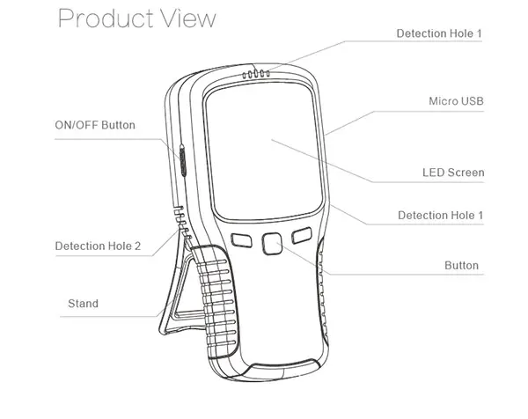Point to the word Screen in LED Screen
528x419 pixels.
click(466, 173)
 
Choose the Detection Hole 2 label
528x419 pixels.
click(98, 246)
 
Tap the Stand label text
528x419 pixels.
click(83, 304)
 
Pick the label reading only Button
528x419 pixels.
click(462, 265)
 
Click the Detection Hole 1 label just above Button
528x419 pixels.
click(440, 215)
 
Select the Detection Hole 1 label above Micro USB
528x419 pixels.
click(439, 33)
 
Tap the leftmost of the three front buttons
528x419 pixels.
click(239, 239)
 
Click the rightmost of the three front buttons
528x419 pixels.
click(303, 236)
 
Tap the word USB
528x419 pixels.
click(472, 102)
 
